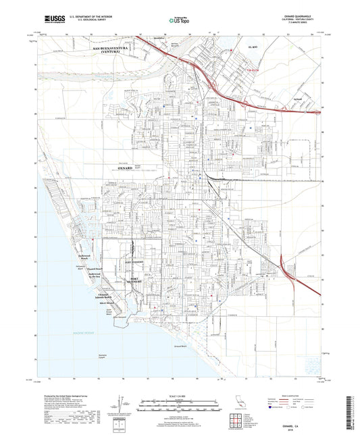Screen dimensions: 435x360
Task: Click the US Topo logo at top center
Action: (x=178, y=20)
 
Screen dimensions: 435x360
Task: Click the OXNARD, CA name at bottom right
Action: (x=314, y=416)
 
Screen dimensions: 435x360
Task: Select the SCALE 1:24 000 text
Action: (x=180, y=394)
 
